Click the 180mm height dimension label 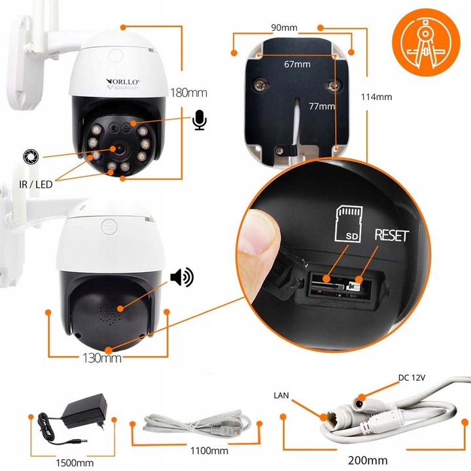(184, 92)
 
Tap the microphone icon (200, 120)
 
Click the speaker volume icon (181, 278)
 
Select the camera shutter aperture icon (30, 156)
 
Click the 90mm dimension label (284, 28)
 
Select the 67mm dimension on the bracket (297, 64)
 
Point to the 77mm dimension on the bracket (323, 106)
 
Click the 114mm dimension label (376, 97)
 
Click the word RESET (391, 235)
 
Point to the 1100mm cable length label (209, 451)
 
